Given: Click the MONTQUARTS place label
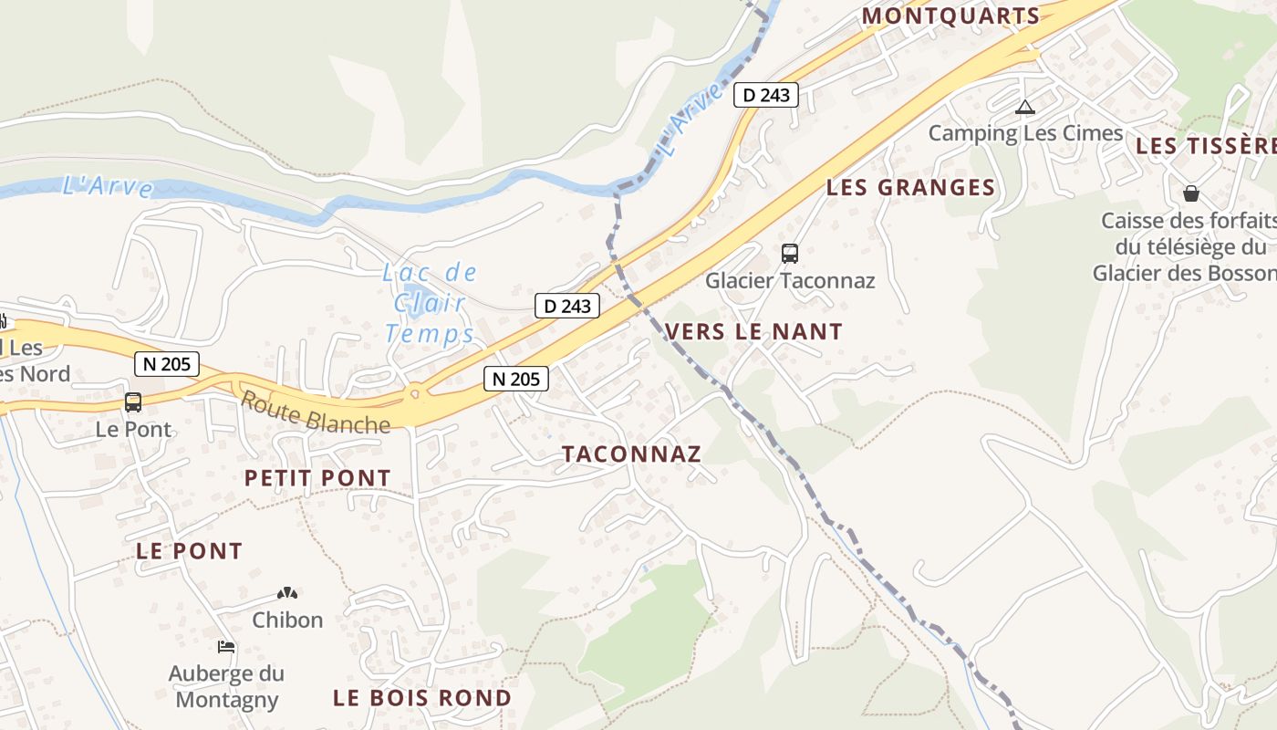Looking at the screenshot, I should pyautogui.click(x=950, y=16).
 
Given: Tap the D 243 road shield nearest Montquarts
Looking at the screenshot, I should pyautogui.click(x=766, y=94).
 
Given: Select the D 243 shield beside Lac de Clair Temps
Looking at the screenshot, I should pyautogui.click(x=567, y=306).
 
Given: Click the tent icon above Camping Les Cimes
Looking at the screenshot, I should pyautogui.click(x=1025, y=108).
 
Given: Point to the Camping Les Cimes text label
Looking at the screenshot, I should pyautogui.click(x=1025, y=133).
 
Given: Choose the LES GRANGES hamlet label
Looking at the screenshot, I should pyautogui.click(x=910, y=188).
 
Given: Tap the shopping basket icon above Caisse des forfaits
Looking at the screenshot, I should pyautogui.click(x=1190, y=193).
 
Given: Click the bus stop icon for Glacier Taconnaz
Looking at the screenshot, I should pyautogui.click(x=790, y=254).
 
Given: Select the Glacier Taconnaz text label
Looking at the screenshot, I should pyautogui.click(x=790, y=280).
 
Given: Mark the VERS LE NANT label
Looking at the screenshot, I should pyautogui.click(x=754, y=331).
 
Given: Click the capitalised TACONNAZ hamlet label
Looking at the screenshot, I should pyautogui.click(x=631, y=454).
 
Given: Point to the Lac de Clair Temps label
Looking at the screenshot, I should pyautogui.click(x=430, y=303).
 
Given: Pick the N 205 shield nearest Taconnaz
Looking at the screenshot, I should pyautogui.click(x=516, y=378).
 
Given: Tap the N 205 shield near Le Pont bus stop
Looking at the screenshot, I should pyautogui.click(x=166, y=364).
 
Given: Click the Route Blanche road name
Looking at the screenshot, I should pyautogui.click(x=315, y=412).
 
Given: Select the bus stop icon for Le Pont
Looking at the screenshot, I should pyautogui.click(x=133, y=402).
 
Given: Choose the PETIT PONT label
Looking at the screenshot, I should pyautogui.click(x=317, y=477).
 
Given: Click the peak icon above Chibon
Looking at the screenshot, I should pyautogui.click(x=287, y=593).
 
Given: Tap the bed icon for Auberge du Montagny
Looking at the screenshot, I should pyautogui.click(x=226, y=647).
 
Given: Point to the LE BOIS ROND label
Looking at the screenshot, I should pyautogui.click(x=421, y=698).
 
